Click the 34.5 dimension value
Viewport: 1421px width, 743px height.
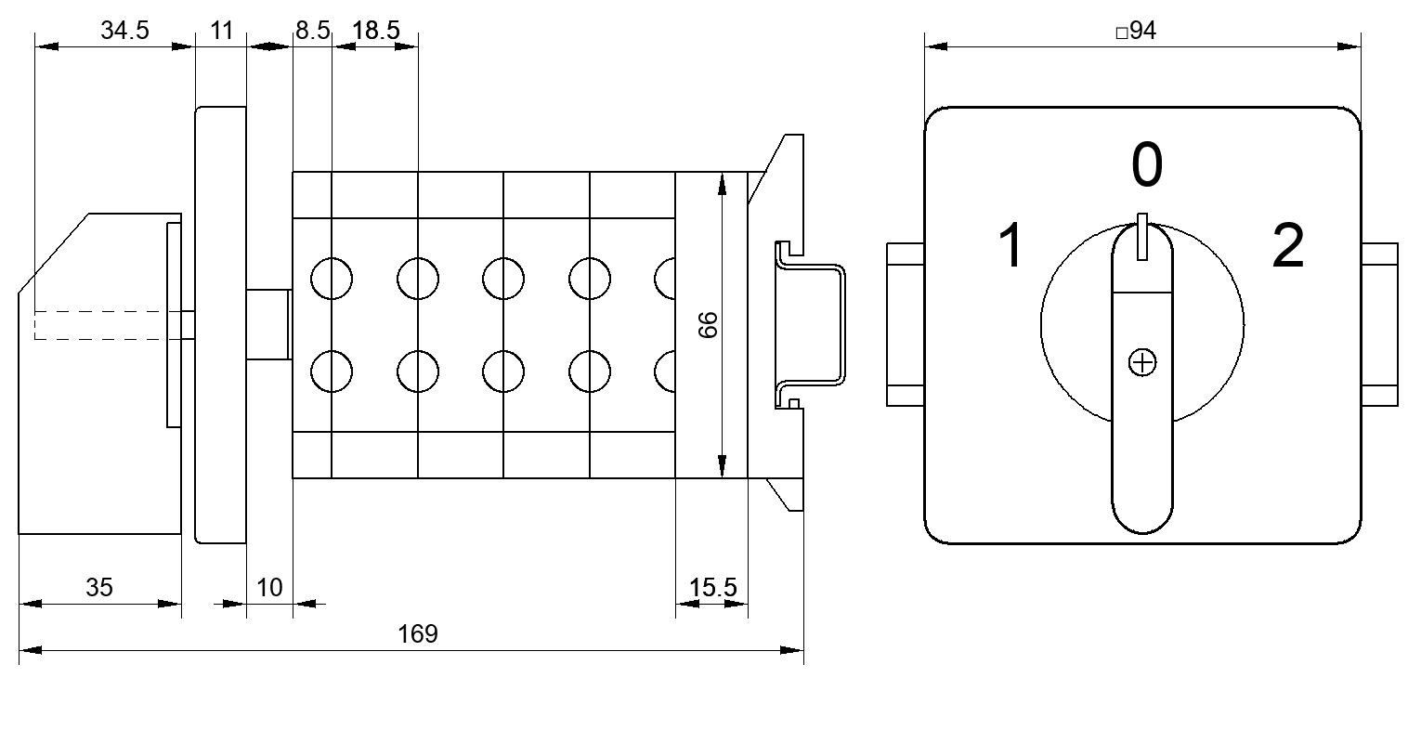coord(124,31)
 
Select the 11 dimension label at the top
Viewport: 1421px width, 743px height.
coord(221,31)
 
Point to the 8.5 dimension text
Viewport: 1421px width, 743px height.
coord(313,31)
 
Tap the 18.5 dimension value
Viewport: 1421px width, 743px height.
coord(376,31)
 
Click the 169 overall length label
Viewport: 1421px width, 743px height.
coord(417,633)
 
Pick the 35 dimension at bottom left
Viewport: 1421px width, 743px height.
coord(99,588)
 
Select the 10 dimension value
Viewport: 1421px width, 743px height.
coord(269,588)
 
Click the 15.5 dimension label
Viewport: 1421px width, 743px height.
coord(713,588)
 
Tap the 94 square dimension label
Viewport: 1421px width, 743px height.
coord(1136,31)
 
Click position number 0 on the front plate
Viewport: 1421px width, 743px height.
coord(1147,165)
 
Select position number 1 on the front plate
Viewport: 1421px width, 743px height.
coord(1010,245)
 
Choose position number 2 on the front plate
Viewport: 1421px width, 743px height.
coord(1288,245)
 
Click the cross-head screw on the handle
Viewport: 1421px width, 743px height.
coord(1142,363)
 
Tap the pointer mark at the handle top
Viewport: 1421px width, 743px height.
coord(1141,237)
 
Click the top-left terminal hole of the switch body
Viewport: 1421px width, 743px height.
coord(332,279)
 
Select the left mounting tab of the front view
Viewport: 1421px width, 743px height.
coord(906,324)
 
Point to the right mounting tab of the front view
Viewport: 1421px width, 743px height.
coord(1379,324)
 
